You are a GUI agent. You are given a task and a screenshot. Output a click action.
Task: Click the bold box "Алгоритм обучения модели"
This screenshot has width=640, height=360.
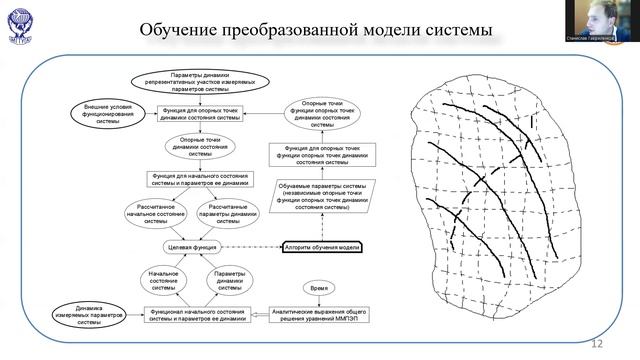click(322, 246)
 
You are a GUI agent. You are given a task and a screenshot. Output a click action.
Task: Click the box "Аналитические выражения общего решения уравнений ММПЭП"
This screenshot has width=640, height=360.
click(318, 316)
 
